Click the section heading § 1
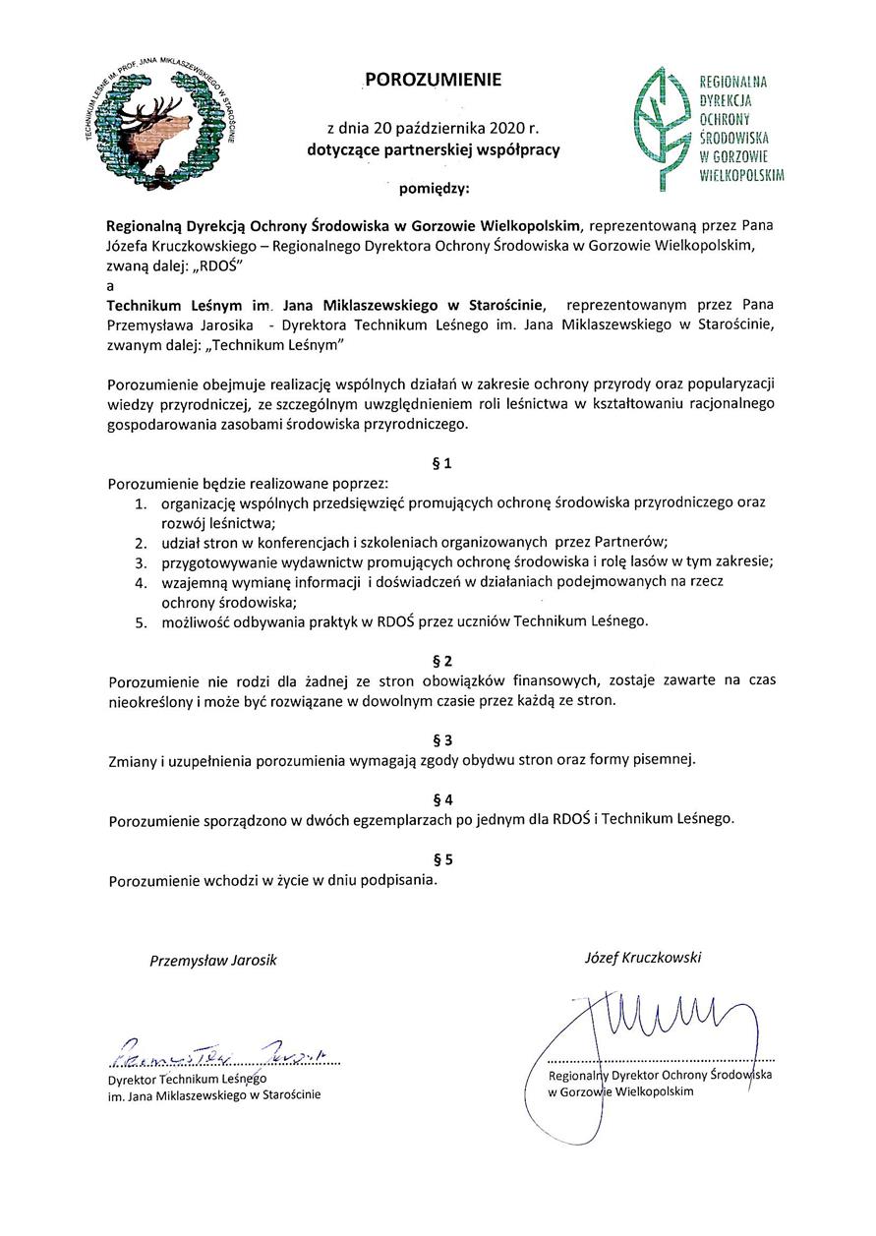pyautogui.click(x=441, y=460)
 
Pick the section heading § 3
pyautogui.click(x=441, y=737)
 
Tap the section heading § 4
pyautogui.click(x=441, y=797)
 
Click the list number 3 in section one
pyautogui.click(x=142, y=561)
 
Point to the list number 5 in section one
pyautogui.click(x=142, y=621)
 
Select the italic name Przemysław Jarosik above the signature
pyautogui.click(x=213, y=960)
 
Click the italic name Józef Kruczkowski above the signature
pyautogui.click(x=643, y=957)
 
